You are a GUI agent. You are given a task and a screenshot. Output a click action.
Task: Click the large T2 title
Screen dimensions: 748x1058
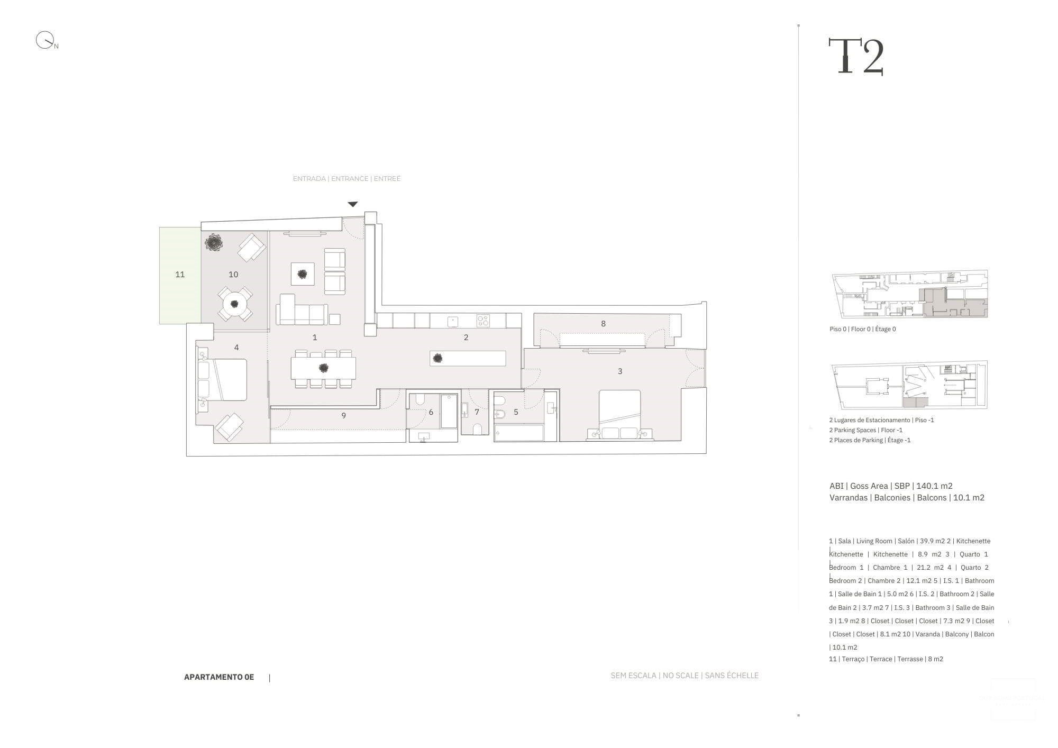click(856, 56)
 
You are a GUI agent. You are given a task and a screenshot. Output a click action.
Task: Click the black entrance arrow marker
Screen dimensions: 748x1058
click(353, 204)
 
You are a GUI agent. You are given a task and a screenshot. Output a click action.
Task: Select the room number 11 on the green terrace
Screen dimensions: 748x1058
click(180, 275)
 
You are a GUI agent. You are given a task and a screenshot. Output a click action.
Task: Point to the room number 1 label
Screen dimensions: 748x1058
click(315, 337)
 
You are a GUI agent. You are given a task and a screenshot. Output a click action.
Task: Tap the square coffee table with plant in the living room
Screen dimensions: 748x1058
click(303, 274)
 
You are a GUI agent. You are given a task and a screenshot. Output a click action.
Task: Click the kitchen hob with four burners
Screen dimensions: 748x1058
click(483, 320)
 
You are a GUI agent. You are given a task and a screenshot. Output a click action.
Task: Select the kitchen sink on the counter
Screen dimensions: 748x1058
click(453, 321)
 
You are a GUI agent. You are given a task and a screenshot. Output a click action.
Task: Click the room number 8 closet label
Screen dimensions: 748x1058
click(603, 324)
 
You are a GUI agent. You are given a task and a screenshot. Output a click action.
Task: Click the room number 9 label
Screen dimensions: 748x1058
click(344, 416)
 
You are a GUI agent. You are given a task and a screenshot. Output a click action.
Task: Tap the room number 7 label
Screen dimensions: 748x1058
click(477, 412)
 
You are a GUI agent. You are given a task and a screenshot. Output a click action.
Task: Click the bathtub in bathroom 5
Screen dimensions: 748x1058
click(519, 433)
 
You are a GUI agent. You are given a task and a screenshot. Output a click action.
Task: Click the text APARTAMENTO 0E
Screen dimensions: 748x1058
click(219, 677)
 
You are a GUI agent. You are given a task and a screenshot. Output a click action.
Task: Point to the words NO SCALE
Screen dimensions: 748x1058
click(680, 676)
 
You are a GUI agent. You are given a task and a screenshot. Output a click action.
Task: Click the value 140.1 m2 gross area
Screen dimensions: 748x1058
click(934, 486)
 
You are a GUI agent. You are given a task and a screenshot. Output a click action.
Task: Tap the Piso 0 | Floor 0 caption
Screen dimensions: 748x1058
click(862, 329)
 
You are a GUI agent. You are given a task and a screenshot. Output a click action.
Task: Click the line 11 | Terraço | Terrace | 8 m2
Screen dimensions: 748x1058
click(886, 659)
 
